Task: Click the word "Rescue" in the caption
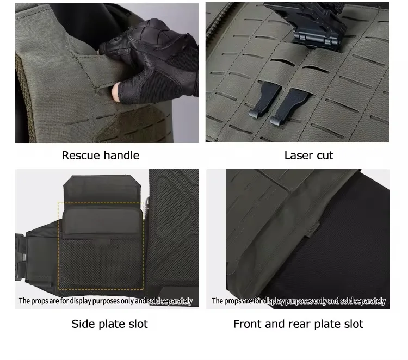(x=81, y=156)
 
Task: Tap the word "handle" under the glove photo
(x=121, y=156)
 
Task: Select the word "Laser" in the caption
(x=296, y=156)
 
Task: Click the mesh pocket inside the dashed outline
(x=101, y=263)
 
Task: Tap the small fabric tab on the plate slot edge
(x=313, y=228)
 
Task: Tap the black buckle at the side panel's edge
(x=20, y=258)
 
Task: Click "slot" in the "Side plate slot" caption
(x=138, y=324)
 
